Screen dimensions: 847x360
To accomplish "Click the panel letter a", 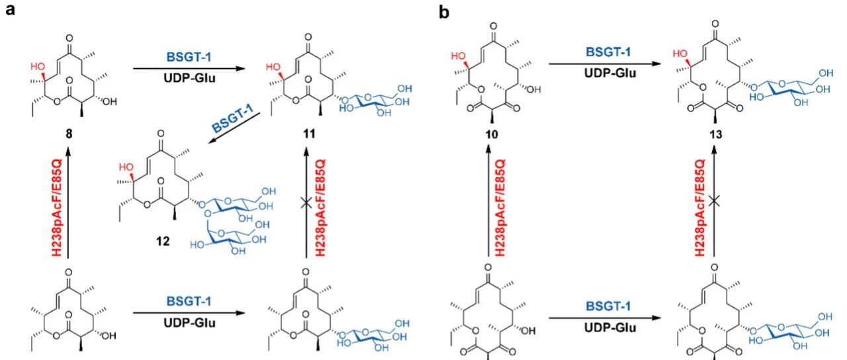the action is (10, 11).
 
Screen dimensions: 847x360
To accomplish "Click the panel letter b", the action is (444, 12).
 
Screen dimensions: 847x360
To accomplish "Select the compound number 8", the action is (69, 134).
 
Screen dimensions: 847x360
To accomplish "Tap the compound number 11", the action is (309, 134).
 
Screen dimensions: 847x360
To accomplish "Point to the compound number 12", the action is (163, 241).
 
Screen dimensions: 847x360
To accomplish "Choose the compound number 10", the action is (492, 134).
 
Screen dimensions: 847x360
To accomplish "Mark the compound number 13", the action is (715, 134).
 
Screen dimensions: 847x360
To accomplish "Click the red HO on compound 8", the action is (38, 67).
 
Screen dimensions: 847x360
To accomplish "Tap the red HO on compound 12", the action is (126, 167).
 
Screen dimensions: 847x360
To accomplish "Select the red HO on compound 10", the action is (458, 56).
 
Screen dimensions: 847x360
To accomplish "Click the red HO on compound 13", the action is (680, 54).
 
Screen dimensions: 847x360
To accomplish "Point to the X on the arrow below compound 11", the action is (306, 204).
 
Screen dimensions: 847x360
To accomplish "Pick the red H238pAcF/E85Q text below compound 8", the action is (57, 208).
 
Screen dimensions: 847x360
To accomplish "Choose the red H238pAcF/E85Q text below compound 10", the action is (500, 208).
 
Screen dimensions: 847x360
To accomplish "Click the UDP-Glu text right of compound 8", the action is (189, 78).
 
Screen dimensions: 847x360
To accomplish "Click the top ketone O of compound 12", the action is (161, 134).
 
